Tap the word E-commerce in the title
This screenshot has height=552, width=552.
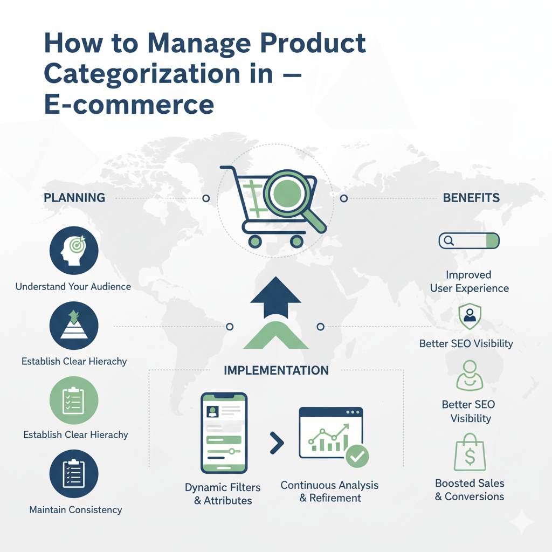[129, 103]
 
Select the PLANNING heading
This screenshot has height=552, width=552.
[74, 198]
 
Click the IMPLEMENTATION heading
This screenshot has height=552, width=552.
[276, 371]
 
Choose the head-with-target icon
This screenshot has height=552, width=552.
[73, 250]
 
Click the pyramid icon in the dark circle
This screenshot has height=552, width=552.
[73, 326]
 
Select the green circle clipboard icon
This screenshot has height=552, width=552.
[73, 401]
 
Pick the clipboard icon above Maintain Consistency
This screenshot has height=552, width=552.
[73, 474]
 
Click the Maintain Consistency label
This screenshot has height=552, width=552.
[75, 509]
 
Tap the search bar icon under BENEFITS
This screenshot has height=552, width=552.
[469, 241]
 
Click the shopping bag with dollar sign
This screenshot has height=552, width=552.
[469, 453]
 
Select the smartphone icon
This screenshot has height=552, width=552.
[224, 432]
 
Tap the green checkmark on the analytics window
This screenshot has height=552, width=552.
[356, 456]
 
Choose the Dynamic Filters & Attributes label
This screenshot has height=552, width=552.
[223, 494]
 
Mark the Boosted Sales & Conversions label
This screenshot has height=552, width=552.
[470, 489]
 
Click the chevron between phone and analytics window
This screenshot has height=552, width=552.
[276, 443]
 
